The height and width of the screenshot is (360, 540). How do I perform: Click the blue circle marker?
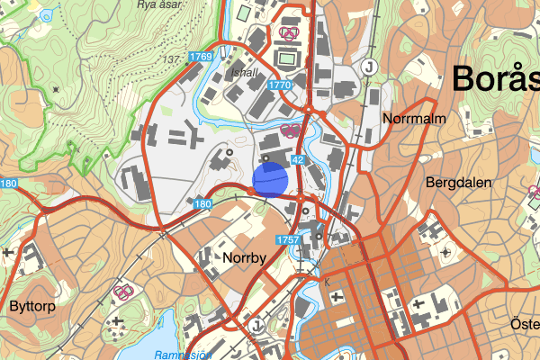coord(270,178)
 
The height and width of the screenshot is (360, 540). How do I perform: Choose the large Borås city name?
coord(496,77)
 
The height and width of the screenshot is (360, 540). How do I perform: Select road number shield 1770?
coord(281,85)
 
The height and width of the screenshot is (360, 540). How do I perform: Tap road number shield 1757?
coord(287,239)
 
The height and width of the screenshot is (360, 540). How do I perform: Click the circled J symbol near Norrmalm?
coord(368,67)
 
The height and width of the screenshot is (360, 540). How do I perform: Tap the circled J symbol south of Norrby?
coord(258,325)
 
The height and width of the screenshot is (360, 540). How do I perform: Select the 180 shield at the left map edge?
coord(8,184)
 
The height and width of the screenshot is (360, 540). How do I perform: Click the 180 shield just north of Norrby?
coord(202,205)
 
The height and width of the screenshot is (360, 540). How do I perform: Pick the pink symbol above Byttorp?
coord(124,292)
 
